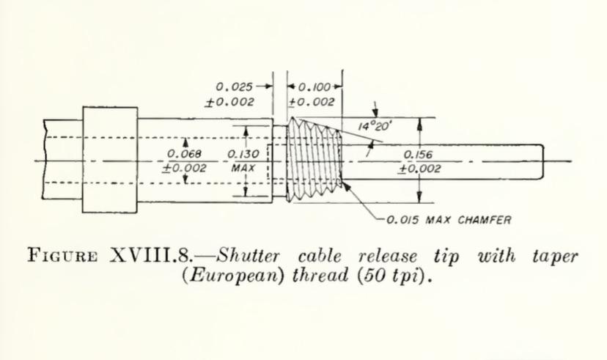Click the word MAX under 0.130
[241, 168]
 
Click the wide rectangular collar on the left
[110, 160]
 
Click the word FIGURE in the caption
[62, 258]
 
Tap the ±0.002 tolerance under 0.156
[419, 169]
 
